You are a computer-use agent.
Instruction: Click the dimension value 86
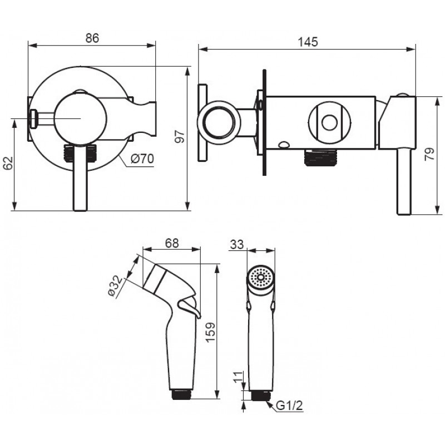coord(92,38)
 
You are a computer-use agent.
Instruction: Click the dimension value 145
coord(308,42)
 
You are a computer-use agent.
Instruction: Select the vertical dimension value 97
coord(180,136)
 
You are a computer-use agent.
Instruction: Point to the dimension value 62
coord(8,163)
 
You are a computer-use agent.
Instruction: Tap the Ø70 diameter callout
coord(142,159)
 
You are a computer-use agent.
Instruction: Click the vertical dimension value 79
coord(429,154)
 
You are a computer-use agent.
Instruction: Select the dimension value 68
coord(172,243)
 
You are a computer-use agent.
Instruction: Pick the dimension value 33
coord(237,244)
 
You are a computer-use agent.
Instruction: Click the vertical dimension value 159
coord(210,333)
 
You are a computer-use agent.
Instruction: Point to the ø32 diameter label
coord(115,285)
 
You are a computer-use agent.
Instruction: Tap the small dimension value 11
coord(239,377)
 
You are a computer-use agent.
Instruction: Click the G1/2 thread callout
coord(289,406)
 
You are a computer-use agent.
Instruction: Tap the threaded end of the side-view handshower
coord(181,394)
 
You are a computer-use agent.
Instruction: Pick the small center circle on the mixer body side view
coord(329,122)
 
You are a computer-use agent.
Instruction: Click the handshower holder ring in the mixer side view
coord(219,122)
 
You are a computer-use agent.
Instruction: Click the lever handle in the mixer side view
coord(404,181)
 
